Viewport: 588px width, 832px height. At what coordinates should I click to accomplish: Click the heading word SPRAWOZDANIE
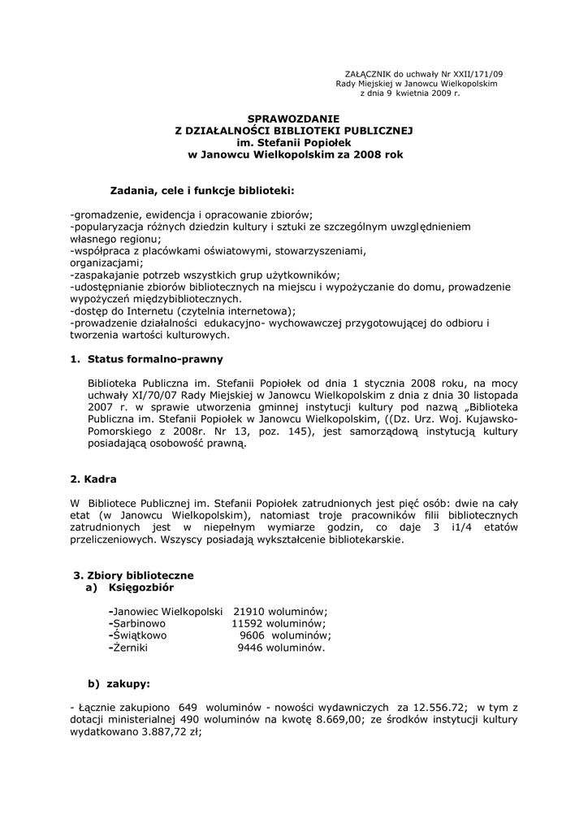294,119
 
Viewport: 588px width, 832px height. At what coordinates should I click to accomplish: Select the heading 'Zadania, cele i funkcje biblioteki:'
201,190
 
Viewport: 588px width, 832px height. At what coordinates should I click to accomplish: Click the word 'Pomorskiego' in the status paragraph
121,431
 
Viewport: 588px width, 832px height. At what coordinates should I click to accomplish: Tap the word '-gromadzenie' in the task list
102,214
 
